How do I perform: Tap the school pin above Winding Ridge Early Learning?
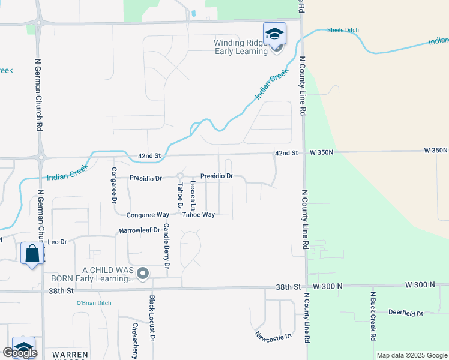point(274,34)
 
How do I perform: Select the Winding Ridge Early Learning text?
point(241,47)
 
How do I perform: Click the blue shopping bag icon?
point(32,253)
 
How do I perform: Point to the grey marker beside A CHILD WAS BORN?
point(143,274)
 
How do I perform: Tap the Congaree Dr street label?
point(113,182)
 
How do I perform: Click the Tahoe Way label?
point(199,215)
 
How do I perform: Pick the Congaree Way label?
point(148,215)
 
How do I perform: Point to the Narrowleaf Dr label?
point(140,230)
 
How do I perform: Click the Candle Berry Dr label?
point(167,245)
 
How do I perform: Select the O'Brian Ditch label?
point(94,303)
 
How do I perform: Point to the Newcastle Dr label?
point(273,337)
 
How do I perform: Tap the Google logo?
point(20,353)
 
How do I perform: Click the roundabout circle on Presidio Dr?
point(180,176)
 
